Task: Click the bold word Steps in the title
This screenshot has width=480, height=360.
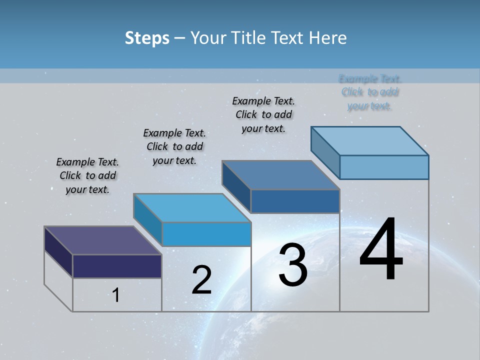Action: point(147,38)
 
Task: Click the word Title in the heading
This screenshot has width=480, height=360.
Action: point(246,38)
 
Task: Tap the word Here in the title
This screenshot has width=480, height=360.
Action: point(328,38)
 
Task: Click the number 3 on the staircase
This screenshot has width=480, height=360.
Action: point(293,265)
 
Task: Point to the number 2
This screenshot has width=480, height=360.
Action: point(201,280)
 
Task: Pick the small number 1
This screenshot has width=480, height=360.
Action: point(116,295)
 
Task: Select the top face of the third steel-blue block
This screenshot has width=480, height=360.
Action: point(280,175)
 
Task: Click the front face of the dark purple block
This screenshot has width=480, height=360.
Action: point(117,266)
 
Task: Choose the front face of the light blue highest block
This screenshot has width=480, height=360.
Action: point(384,167)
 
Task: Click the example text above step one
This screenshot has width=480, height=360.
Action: point(87,175)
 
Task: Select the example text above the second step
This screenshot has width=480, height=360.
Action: point(174,146)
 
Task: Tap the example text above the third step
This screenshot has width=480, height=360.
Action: point(263,114)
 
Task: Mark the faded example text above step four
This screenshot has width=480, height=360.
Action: point(370,92)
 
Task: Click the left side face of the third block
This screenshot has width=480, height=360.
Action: point(236,186)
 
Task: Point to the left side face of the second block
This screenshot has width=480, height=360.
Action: point(147,219)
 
